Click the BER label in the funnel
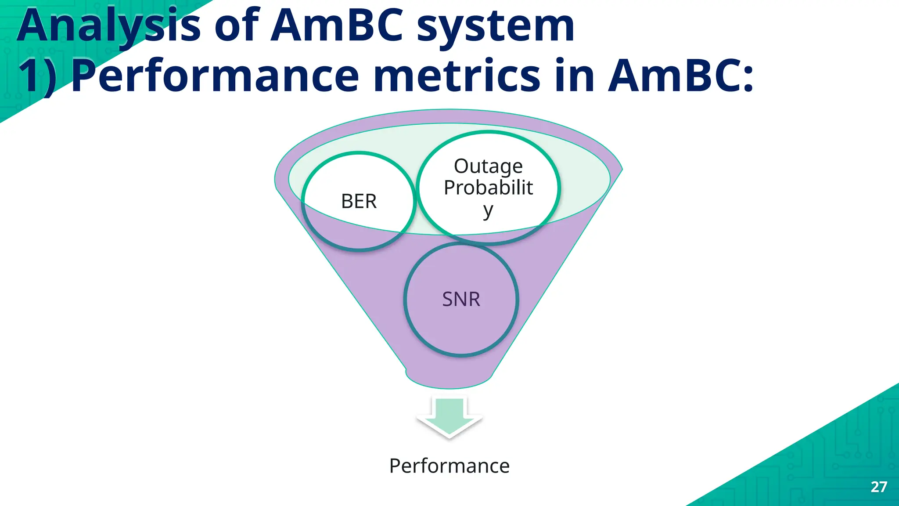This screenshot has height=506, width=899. tap(359, 201)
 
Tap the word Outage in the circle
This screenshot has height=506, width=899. tap(488, 166)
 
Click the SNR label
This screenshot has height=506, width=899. tap(461, 299)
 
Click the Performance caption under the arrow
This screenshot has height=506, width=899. tap(449, 466)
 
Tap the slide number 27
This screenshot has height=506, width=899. tap(879, 487)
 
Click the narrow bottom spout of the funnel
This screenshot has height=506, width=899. tap(449, 378)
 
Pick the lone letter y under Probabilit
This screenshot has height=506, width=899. tap(488, 211)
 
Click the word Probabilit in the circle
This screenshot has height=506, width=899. tap(488, 188)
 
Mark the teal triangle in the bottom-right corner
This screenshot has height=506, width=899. tap(834, 466)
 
